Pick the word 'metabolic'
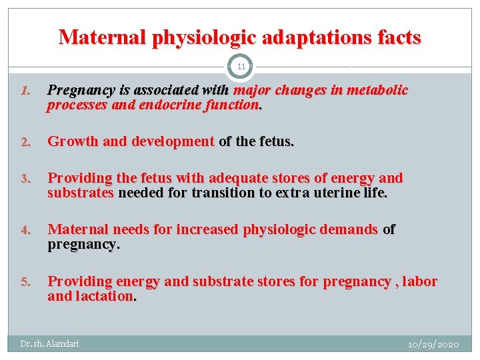(x=377, y=90)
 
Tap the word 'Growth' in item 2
(x=72, y=141)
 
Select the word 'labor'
(x=420, y=281)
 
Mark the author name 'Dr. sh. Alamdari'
(x=49, y=344)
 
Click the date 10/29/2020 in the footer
(x=433, y=344)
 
